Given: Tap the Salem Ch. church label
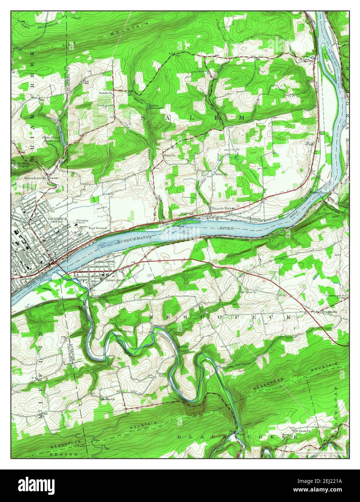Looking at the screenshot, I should coord(107,93).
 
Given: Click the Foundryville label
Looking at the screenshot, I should coord(36,178).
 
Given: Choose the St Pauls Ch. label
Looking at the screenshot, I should coord(301,431).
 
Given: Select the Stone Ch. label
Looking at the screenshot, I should coord(169,156).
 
